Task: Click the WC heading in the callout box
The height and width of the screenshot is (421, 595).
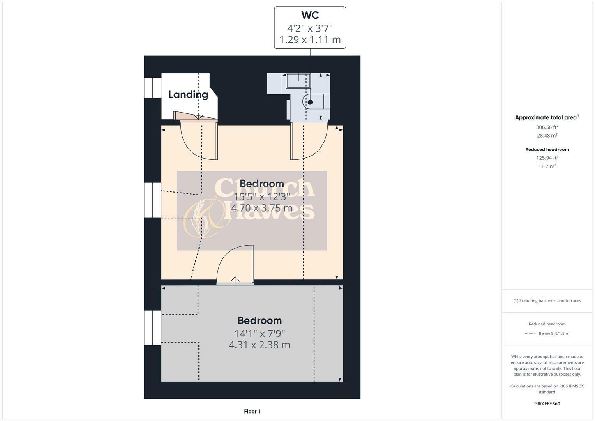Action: pos(310,15)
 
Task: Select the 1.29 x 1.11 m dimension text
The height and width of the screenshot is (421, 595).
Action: pos(310,40)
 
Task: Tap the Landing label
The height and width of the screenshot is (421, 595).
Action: pos(188,94)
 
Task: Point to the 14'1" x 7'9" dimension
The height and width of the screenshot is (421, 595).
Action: pos(260,334)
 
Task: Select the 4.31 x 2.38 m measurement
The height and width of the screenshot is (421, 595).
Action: pos(260,345)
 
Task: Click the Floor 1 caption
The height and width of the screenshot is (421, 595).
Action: pos(252,411)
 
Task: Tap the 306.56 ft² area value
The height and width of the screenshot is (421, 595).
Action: pos(547,127)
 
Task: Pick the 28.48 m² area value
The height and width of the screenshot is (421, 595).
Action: pos(547,136)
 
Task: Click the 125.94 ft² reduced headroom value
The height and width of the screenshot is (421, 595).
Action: pos(547,158)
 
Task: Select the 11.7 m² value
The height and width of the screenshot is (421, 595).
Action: pos(547,166)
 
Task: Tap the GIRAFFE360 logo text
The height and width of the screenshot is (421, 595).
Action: pos(547,403)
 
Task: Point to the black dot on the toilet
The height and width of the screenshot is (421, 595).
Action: pos(310,102)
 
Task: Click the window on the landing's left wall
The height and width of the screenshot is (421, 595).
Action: pos(153,88)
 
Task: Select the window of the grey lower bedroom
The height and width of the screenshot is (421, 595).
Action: pos(153,328)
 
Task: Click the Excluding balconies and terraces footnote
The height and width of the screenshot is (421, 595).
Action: pos(547,301)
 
